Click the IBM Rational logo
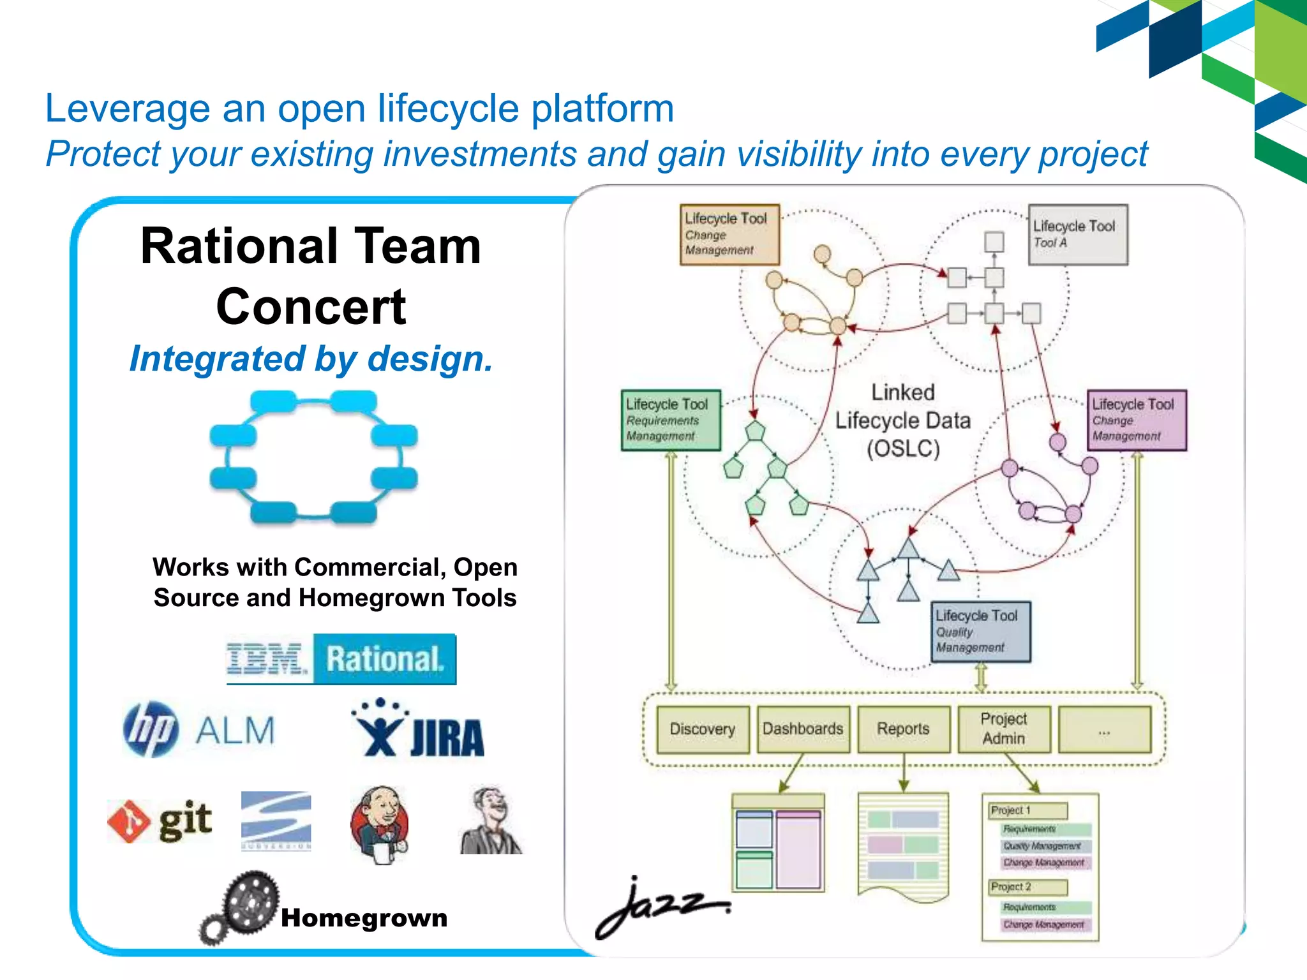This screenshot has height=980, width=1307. [341, 659]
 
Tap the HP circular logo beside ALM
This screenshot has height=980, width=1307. [151, 729]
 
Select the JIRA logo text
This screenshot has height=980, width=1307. [447, 738]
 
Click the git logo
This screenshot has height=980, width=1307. [160, 820]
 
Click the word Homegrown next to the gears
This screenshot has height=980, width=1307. [364, 918]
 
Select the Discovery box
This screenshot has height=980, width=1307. [702, 729]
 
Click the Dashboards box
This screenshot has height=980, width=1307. [803, 729]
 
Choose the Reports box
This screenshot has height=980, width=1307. [903, 729]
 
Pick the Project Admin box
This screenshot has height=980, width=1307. [1004, 729]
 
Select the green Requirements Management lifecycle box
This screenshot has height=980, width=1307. [670, 420]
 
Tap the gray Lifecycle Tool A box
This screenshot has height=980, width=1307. [1077, 234]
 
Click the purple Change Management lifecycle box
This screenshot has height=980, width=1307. [1136, 420]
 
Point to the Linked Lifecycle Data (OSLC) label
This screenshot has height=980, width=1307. [903, 420]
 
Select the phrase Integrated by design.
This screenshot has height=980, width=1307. [311, 359]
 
